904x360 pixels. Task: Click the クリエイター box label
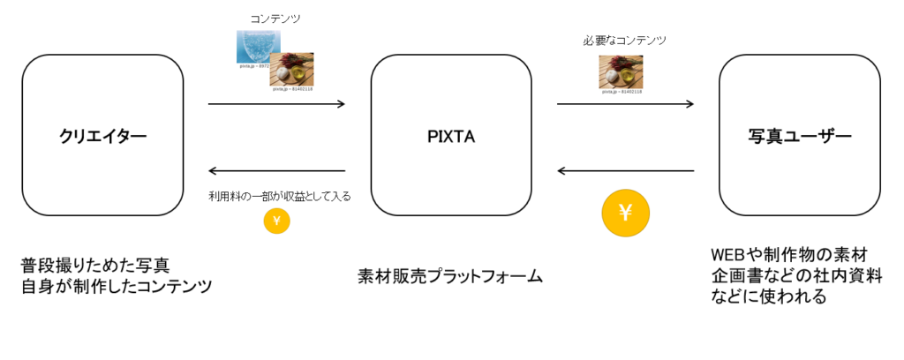coord(102,136)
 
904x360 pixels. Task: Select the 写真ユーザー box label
coord(800,136)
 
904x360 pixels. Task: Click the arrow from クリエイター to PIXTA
coord(276,104)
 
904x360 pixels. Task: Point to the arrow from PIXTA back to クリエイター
coord(276,171)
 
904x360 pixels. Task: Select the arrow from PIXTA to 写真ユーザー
coord(625,104)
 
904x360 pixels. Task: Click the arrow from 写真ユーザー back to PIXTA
coord(625,171)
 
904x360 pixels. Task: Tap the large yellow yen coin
coord(625,212)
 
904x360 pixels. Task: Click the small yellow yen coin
coord(276,221)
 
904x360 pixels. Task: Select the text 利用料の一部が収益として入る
coord(279,196)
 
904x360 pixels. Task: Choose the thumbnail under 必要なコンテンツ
coord(621,71)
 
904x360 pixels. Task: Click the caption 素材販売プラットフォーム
coord(450,276)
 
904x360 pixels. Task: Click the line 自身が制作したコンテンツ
coord(117,287)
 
